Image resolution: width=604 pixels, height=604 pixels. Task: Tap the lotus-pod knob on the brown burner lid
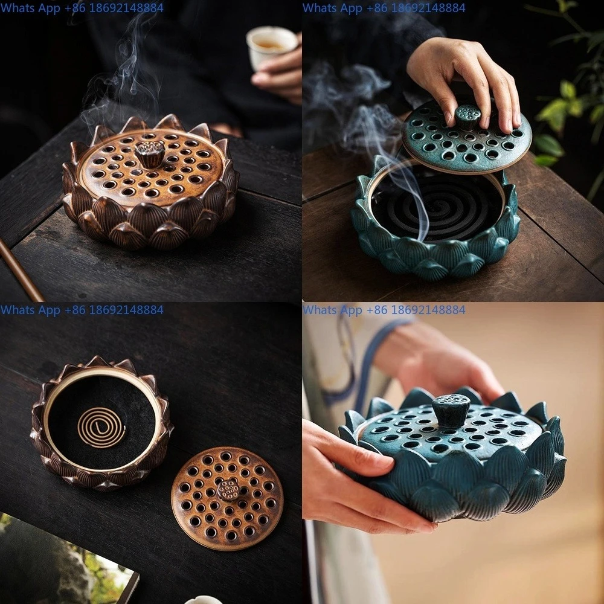point(149,153)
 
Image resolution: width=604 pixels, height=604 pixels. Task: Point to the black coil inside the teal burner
point(435,208)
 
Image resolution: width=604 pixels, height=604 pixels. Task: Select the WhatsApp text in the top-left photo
point(82,8)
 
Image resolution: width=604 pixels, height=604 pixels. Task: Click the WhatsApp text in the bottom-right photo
point(384,310)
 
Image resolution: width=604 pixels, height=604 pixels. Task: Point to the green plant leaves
point(565,109)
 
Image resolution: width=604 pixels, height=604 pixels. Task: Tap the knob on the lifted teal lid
point(467,115)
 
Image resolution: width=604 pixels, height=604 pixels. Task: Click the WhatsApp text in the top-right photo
point(384,8)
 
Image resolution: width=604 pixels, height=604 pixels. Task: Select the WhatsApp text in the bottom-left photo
point(82,310)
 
